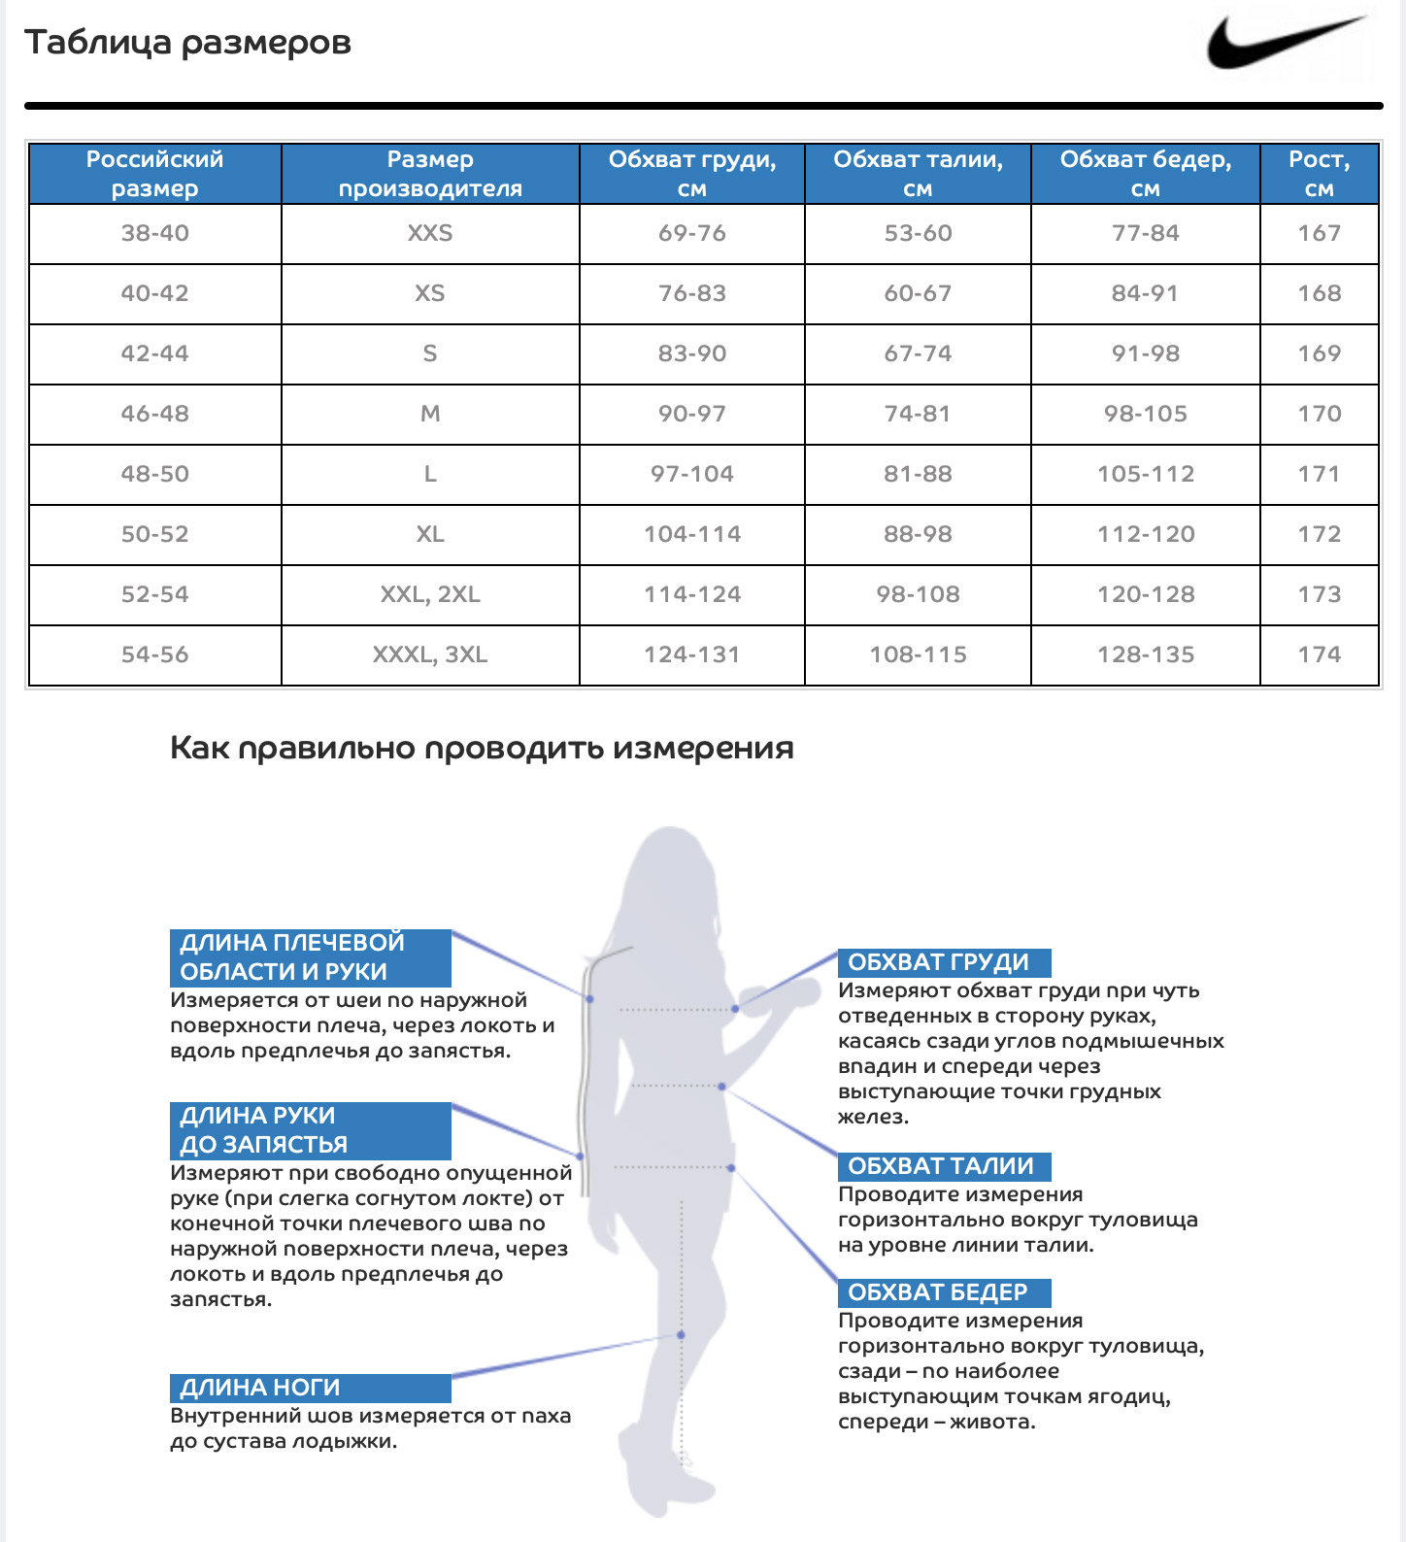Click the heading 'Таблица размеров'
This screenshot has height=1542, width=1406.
(x=187, y=43)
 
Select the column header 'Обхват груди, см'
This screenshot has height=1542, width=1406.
(x=691, y=174)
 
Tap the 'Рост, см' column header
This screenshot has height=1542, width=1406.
(x=1319, y=174)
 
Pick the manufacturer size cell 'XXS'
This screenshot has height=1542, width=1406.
(x=430, y=233)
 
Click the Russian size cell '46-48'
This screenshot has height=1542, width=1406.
(x=154, y=414)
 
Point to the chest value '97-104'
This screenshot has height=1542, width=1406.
(x=691, y=474)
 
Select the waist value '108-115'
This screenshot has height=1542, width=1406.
(x=918, y=654)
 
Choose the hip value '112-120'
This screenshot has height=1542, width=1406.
(x=1146, y=534)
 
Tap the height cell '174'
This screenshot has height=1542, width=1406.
(x=1319, y=654)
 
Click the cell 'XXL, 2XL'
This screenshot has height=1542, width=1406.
(x=430, y=594)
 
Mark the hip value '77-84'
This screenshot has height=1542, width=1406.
(x=1146, y=233)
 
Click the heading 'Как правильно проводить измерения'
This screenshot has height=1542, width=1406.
(x=482, y=748)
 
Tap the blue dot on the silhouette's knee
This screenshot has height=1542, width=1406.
(x=681, y=1335)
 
